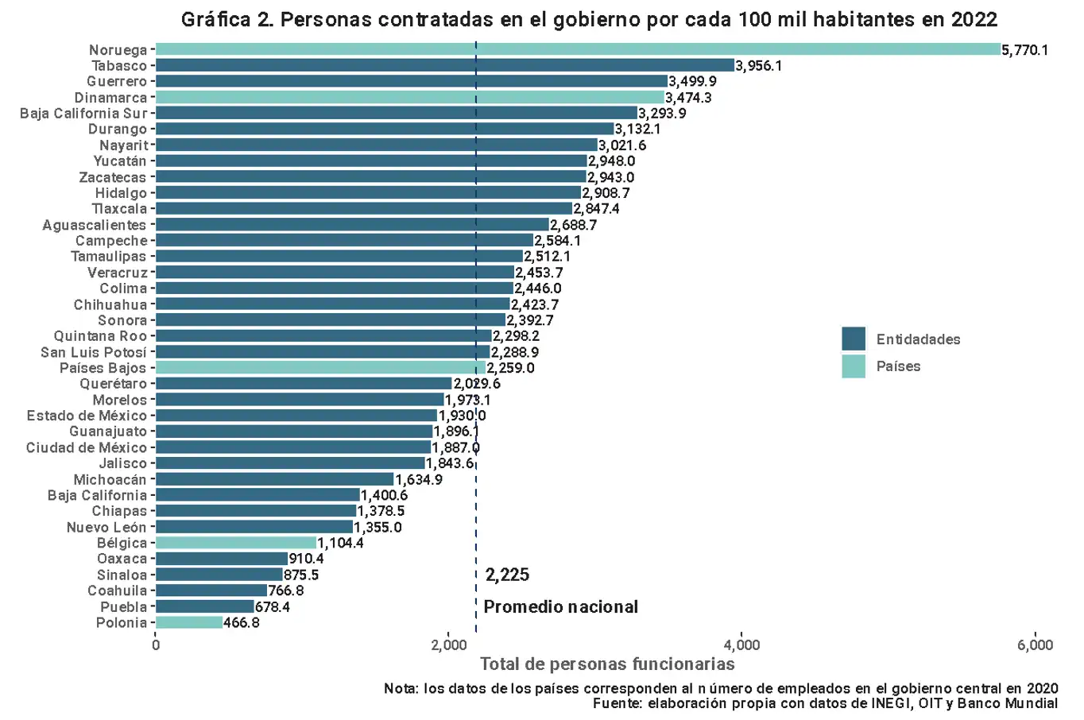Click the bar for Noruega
[x=578, y=49]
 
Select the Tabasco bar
[x=445, y=65]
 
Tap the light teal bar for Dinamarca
[x=409, y=97]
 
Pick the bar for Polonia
[x=189, y=622]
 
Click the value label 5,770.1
[x=1025, y=50]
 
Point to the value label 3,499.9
[x=692, y=81]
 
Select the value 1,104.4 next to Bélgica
[x=341, y=543]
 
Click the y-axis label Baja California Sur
[x=83, y=113]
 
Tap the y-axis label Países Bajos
[x=103, y=368]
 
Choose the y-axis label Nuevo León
[x=106, y=527]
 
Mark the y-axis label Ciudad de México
[x=87, y=447]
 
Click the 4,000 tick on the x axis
[x=741, y=645]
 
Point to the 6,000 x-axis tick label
[x=1035, y=645]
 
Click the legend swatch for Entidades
[x=854, y=339]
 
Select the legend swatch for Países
[x=854, y=366]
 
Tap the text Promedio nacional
[x=561, y=607]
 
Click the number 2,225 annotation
[x=507, y=575]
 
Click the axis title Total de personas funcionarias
[x=607, y=664]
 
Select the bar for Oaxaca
[x=222, y=559]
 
